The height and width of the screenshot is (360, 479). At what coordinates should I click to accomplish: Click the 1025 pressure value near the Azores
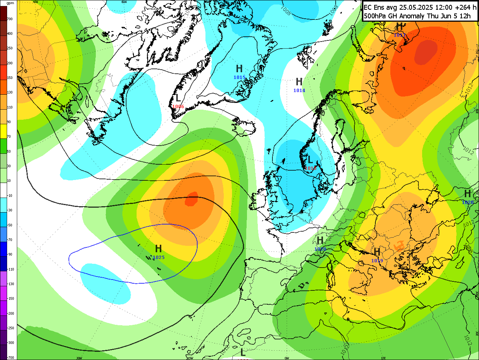tap(159, 257)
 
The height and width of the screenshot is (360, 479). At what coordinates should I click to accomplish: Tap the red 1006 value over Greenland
tap(178, 107)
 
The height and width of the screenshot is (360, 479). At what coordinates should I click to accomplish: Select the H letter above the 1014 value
tap(299, 82)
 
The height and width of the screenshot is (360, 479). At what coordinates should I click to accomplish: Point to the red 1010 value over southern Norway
tap(310, 168)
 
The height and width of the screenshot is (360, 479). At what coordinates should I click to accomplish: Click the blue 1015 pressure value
tap(239, 77)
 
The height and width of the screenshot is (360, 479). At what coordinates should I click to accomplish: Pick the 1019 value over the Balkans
tap(377, 261)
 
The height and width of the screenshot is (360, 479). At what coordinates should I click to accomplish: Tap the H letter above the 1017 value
tap(400, 26)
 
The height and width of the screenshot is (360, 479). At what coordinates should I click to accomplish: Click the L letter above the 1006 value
tap(178, 98)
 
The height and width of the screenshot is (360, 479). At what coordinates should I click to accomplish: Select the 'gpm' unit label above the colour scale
tap(10, 3)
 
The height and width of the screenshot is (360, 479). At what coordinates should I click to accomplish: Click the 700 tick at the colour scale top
tap(10, 19)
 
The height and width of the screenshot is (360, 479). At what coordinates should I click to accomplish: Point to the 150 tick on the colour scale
tap(10, 78)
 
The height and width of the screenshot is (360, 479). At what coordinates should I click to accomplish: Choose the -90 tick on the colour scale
tap(10, 254)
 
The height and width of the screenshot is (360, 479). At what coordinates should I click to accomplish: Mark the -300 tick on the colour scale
tap(10, 343)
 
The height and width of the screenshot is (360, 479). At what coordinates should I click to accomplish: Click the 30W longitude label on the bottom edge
tap(79, 358)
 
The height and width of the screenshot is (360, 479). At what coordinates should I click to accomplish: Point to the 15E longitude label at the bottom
tap(383, 358)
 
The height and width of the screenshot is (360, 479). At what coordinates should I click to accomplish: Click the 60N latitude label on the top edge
tap(124, 2)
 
